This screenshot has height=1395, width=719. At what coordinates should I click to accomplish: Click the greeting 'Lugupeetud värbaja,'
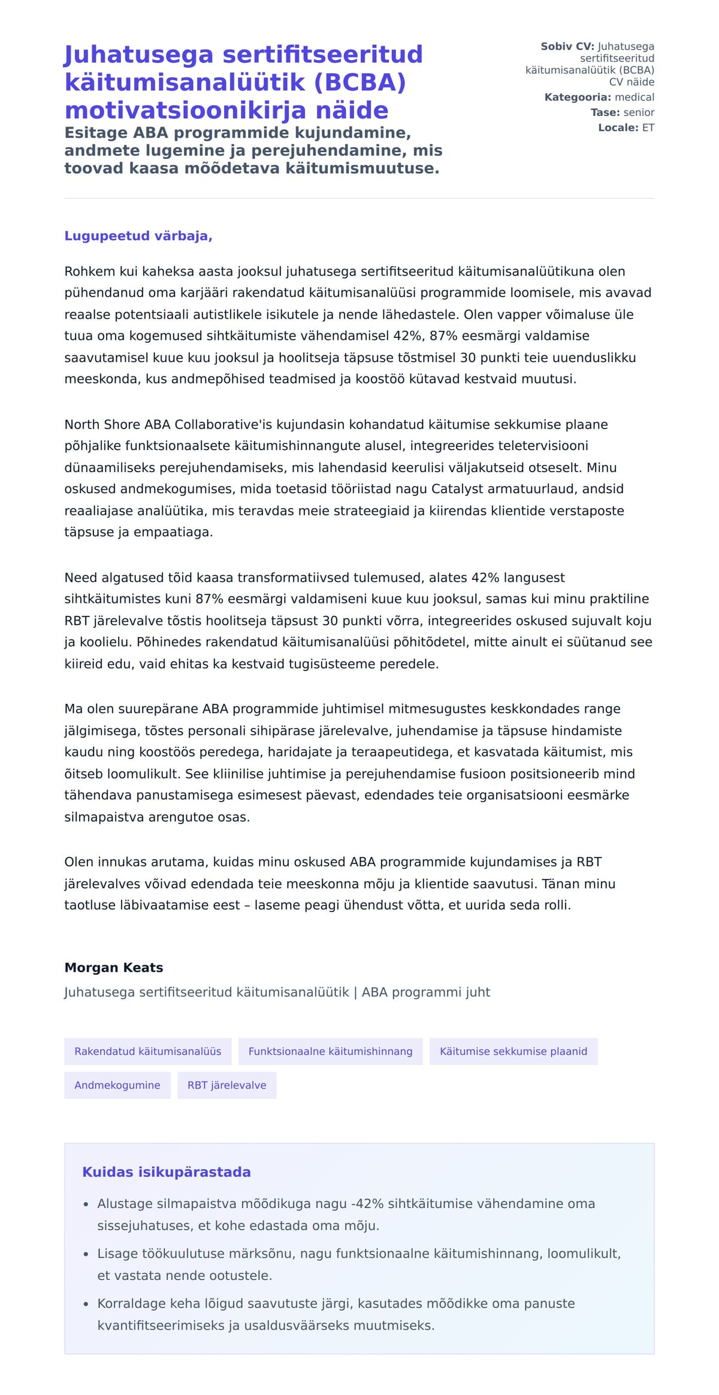coord(138,235)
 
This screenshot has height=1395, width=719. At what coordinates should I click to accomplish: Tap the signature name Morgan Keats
coord(113,967)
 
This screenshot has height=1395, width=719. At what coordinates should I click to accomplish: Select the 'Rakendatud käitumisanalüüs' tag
coord(147,1051)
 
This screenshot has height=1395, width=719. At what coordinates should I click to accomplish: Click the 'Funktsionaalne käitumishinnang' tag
coord(330,1051)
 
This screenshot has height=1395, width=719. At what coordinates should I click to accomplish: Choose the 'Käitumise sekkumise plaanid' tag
coord(513,1051)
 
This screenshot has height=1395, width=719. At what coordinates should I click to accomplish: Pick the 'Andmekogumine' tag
coord(117,1085)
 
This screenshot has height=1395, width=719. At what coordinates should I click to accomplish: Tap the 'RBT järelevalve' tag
coord(226,1085)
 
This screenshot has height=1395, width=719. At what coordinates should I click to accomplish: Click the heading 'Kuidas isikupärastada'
coord(166,1171)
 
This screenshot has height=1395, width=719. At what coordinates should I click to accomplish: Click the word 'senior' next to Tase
coord(639,112)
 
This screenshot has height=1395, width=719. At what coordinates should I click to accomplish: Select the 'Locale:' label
coord(618,128)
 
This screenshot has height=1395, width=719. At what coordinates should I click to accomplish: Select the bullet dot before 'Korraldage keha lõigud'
coord(86,1304)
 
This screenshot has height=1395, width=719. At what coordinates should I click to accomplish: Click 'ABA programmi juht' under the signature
coord(425,992)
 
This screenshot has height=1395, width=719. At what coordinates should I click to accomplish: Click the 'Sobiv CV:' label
coord(567,46)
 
